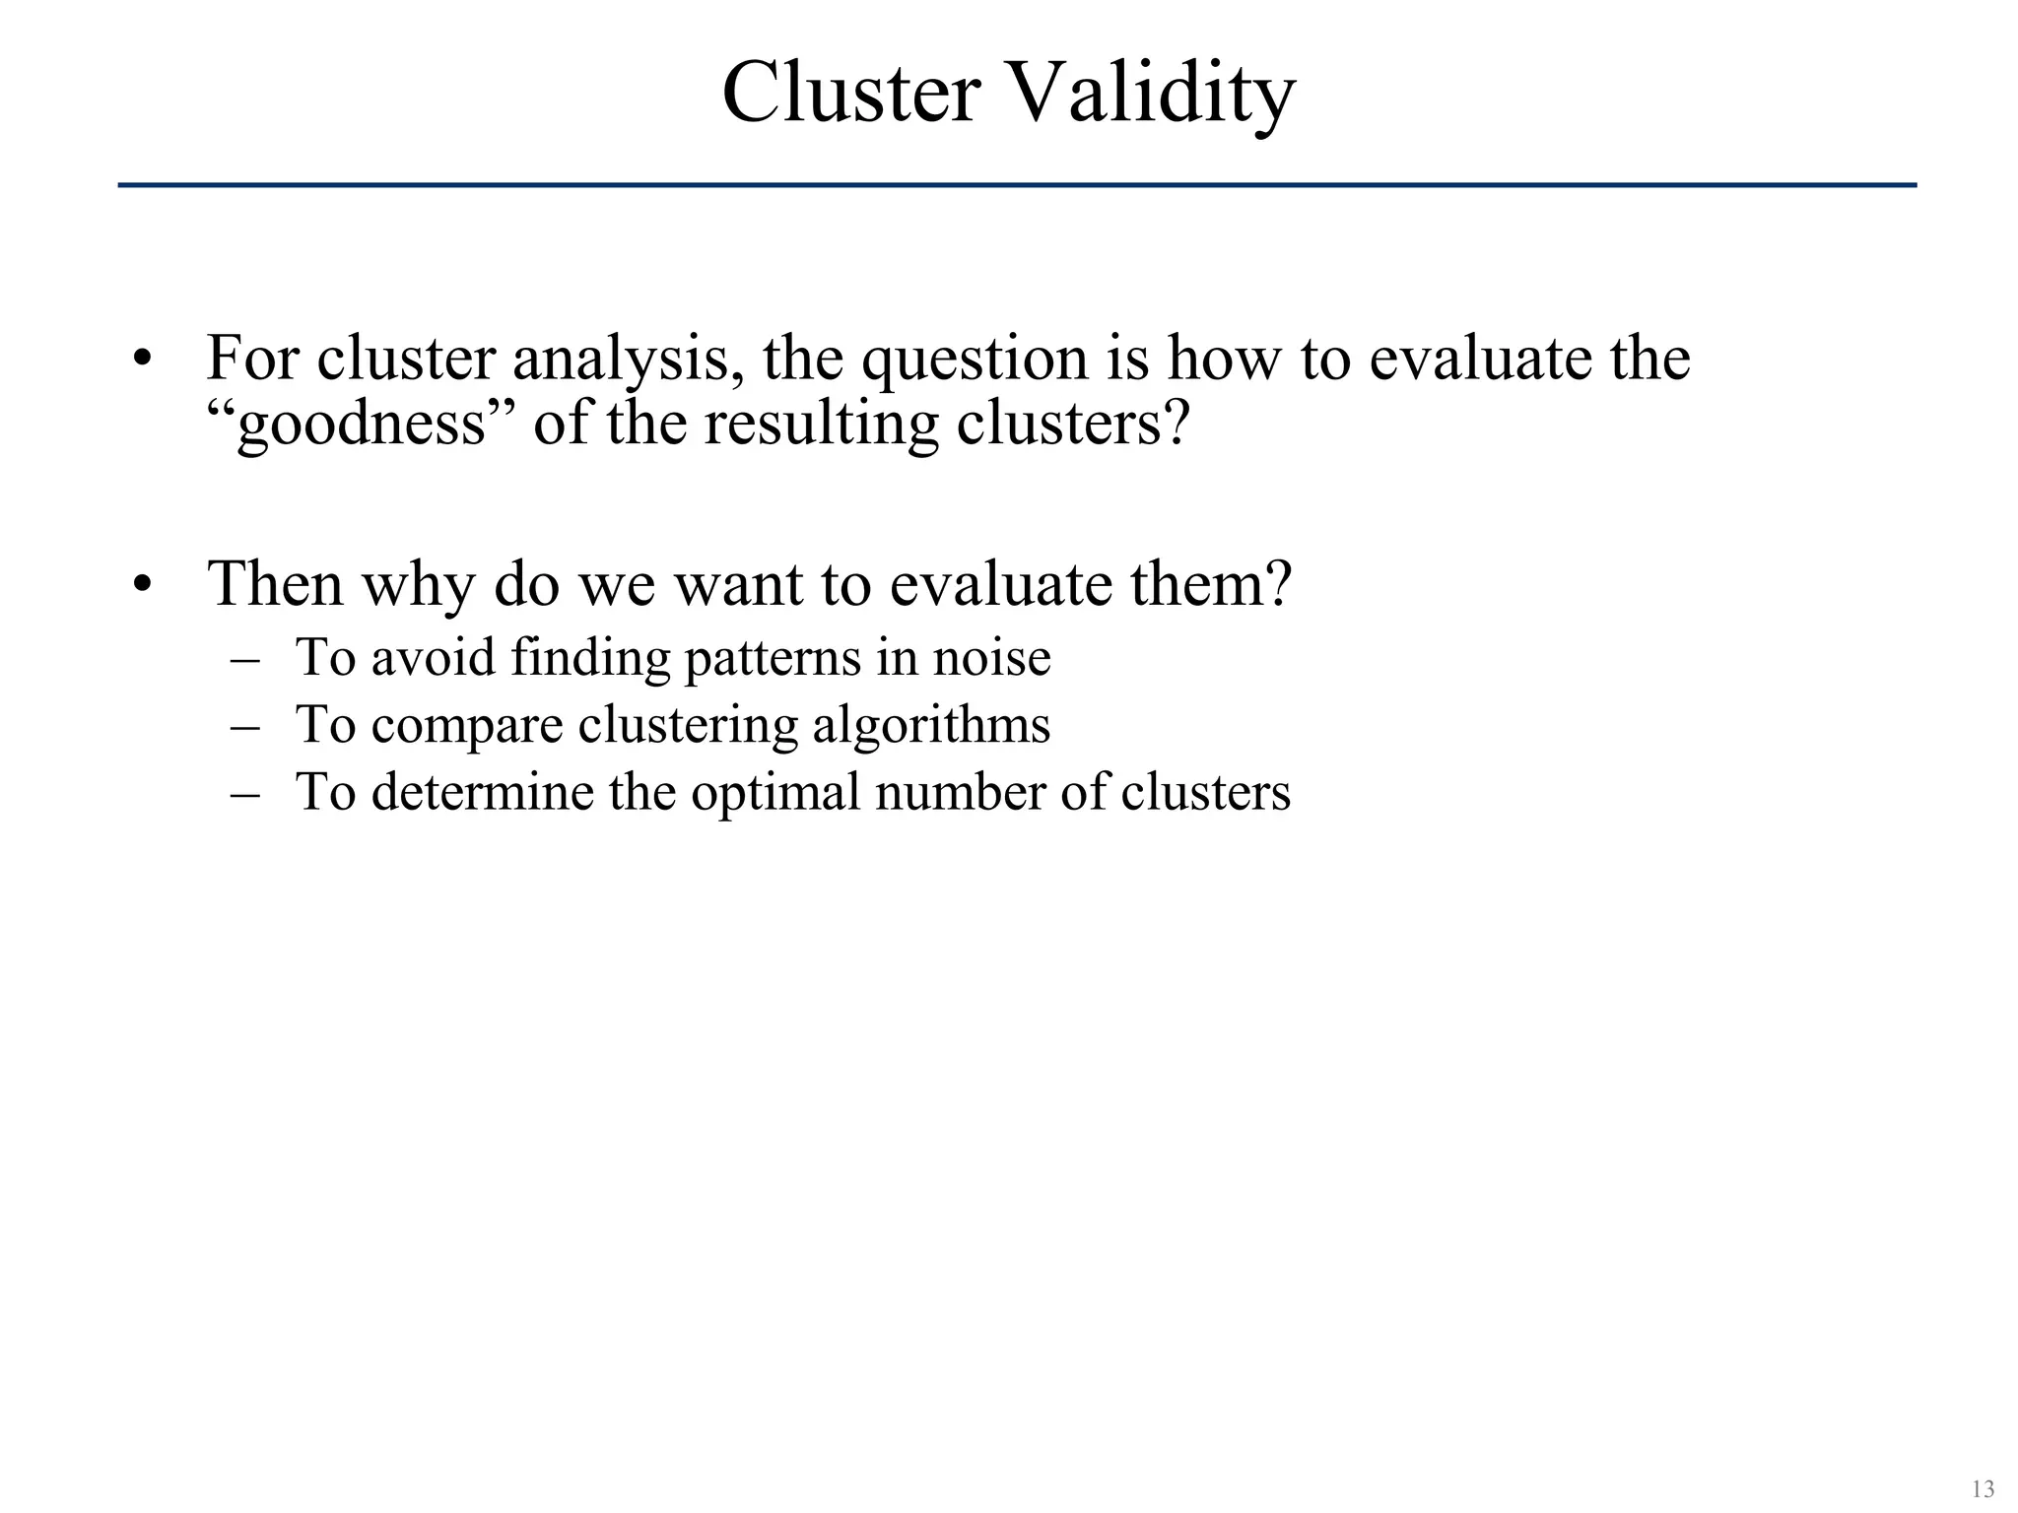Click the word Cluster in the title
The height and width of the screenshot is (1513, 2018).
click(x=850, y=93)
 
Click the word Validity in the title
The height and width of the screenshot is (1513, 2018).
click(x=1152, y=95)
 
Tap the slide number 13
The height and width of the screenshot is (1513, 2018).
click(x=1983, y=1488)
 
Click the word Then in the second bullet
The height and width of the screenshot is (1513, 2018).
click(x=275, y=583)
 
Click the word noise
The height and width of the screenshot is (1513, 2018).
click(x=992, y=658)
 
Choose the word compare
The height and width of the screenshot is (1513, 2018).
click(x=467, y=727)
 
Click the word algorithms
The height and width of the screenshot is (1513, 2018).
click(x=931, y=727)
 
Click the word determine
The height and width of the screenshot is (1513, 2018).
click(x=483, y=792)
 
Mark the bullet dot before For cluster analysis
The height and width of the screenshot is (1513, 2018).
click(x=144, y=361)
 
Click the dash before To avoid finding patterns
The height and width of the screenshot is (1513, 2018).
click(x=244, y=659)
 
